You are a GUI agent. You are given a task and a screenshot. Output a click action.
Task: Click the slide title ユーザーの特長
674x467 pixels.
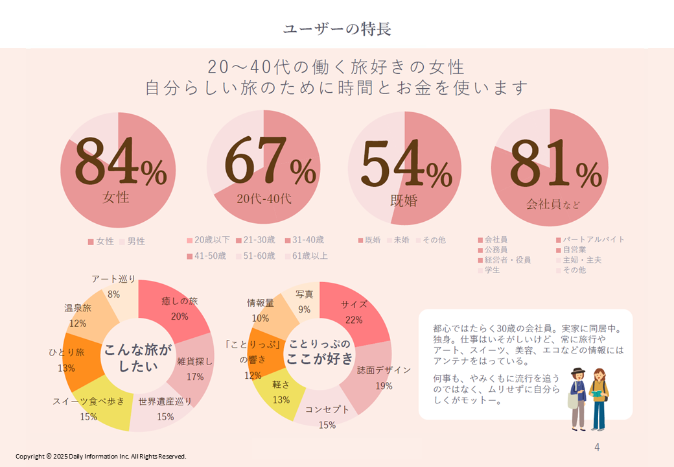pos(336,29)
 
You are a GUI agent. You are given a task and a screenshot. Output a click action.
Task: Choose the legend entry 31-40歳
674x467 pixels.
pos(308,240)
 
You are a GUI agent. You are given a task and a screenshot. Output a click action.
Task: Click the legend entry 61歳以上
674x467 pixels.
pos(310,256)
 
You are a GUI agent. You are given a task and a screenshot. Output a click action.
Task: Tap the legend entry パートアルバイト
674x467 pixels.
pos(593,239)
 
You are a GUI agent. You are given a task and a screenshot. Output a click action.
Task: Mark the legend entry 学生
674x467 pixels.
pos(492,270)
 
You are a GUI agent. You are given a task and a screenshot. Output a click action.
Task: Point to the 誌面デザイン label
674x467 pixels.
pos(384,370)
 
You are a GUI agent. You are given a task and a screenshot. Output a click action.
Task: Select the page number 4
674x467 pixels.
pos(597,448)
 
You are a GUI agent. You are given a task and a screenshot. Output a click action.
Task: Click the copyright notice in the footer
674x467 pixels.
pos(101,457)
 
